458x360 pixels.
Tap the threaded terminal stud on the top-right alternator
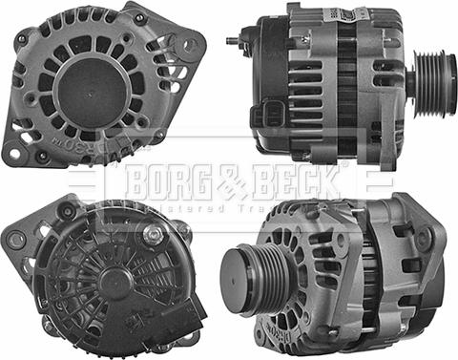click(x=232, y=42)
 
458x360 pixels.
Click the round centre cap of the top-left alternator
click(x=94, y=90)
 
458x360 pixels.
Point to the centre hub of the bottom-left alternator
click(x=114, y=281)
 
